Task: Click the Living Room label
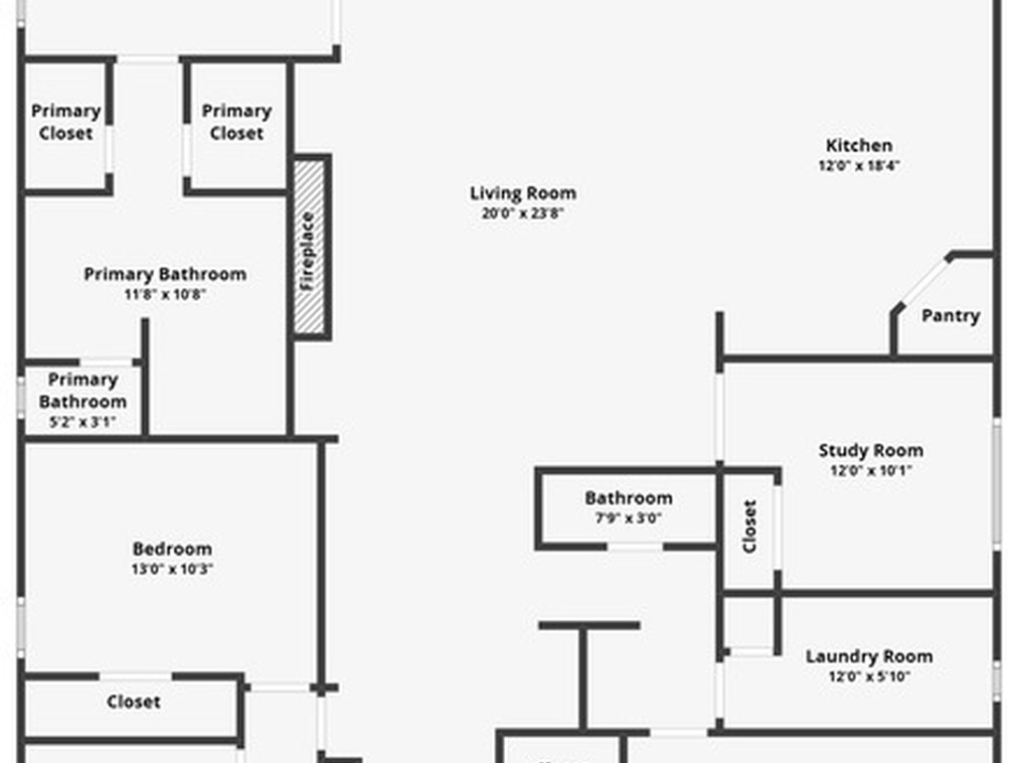coord(522,193)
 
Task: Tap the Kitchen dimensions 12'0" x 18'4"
coord(859,166)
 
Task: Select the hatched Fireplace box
coord(310,247)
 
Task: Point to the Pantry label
coord(949,316)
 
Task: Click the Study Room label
coord(870,450)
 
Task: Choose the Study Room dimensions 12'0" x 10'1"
coord(870,471)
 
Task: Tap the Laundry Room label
coord(868,656)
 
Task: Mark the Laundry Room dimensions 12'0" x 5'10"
coord(868,677)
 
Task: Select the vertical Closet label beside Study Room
coord(750,526)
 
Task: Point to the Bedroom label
coord(172,548)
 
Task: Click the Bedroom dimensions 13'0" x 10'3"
coord(172,569)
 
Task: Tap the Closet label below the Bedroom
coord(133,701)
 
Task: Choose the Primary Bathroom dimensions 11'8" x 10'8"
coord(165,294)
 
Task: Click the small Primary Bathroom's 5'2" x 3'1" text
coord(82,421)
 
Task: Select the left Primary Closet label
coord(66,121)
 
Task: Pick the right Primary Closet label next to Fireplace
coord(237,121)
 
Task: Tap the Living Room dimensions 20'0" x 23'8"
coord(522,213)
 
